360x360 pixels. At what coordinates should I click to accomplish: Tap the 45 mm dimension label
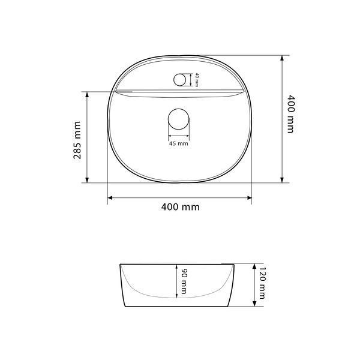coord(179,144)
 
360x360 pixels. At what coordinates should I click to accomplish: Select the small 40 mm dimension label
coord(197,80)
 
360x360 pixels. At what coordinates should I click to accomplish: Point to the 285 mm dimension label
coord(77,140)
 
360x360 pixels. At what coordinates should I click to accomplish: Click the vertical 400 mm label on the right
coord(290,114)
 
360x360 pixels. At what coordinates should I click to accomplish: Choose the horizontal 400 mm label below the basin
coord(181,207)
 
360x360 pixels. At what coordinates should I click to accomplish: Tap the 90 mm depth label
coord(184,281)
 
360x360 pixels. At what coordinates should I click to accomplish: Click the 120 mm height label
coord(262,283)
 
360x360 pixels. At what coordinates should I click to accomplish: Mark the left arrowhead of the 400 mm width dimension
coord(110,197)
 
